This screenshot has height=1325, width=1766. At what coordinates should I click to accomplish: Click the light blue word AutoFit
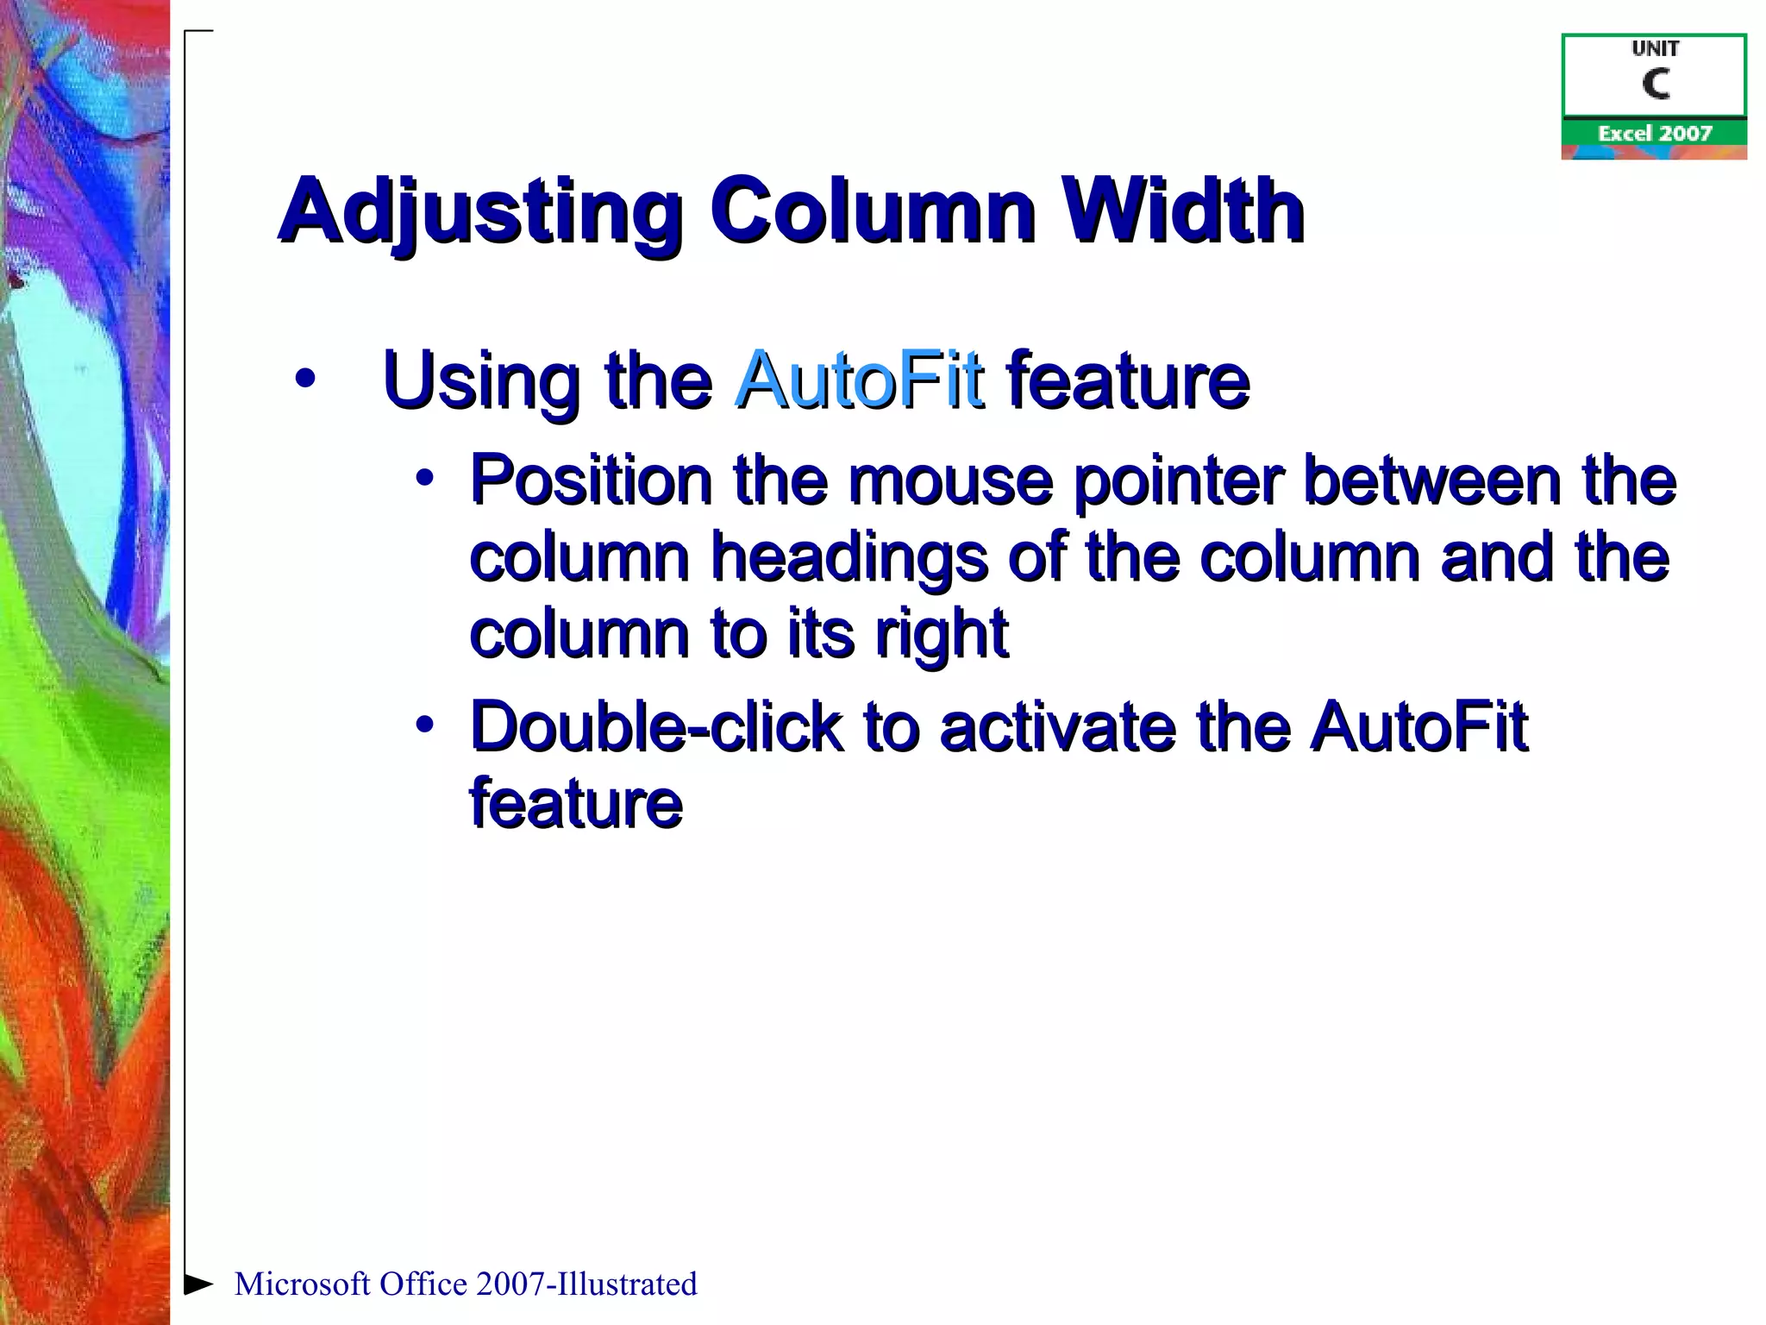(859, 380)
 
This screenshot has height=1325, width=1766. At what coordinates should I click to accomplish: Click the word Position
(591, 480)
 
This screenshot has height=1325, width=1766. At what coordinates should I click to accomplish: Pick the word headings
(849, 559)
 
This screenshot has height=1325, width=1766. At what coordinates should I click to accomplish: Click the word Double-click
(655, 727)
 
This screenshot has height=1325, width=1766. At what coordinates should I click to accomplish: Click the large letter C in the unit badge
(1656, 85)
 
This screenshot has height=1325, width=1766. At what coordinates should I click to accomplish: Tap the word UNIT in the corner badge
(1655, 49)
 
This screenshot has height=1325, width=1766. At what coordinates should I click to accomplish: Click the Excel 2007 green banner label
(1654, 133)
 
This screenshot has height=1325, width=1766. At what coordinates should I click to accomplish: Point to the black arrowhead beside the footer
(198, 1284)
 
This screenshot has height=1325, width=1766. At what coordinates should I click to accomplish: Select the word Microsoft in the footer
(302, 1284)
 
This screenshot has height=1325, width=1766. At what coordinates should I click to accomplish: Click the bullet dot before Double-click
(424, 725)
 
